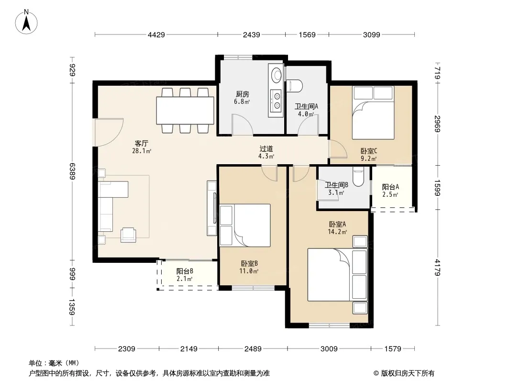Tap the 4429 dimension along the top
tap(156, 34)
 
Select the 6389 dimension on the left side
tap(72, 171)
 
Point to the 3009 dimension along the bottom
tap(329, 349)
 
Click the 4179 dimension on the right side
tap(437, 267)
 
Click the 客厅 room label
tap(142, 143)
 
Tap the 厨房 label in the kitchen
tap(242, 94)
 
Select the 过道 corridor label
tap(266, 149)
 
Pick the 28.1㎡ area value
tap(142, 151)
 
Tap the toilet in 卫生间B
tap(358, 177)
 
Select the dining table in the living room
tap(185, 111)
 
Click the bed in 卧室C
tap(373, 113)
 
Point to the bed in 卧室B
tap(245, 225)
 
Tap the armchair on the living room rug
tap(129, 235)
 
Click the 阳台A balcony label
tap(390, 187)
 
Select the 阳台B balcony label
tap(185, 271)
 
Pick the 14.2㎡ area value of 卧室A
tap(337, 232)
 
